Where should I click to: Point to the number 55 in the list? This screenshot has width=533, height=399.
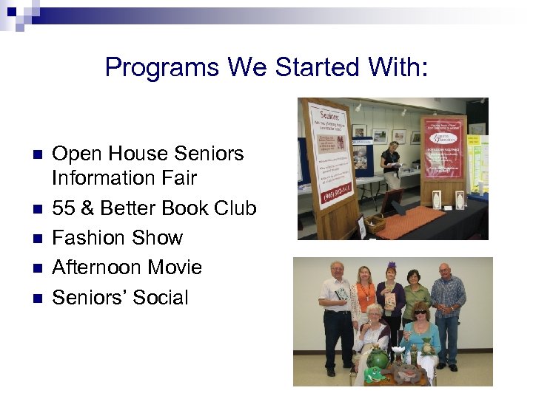(x=64, y=208)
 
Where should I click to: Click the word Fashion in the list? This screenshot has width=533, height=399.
(x=86, y=238)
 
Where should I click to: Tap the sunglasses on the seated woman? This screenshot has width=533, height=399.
(x=420, y=312)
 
